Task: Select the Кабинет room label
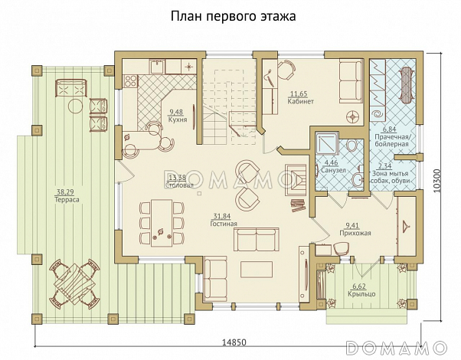(301, 102)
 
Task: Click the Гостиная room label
(224, 224)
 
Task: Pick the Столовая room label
(178, 185)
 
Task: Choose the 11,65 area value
(299, 94)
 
